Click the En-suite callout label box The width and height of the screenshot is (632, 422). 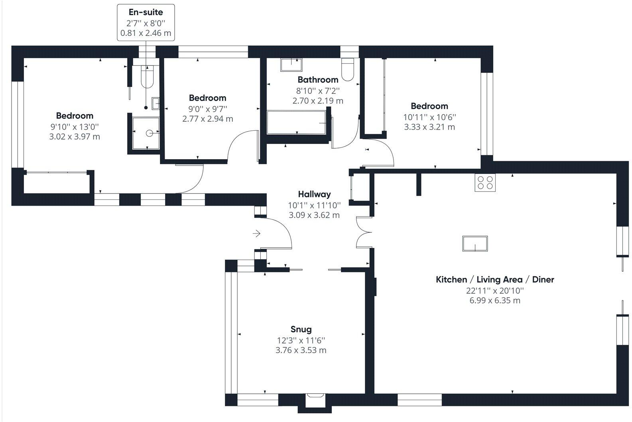(146, 22)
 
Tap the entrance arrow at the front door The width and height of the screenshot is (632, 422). (256, 233)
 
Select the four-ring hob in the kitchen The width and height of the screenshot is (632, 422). (485, 183)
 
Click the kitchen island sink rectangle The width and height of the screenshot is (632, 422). (475, 243)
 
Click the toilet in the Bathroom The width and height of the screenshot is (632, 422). (348, 70)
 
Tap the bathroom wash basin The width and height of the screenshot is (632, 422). (291, 64)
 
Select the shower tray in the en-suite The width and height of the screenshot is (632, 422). (146, 133)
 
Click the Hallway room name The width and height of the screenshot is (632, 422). (314, 194)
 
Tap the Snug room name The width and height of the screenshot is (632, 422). (301, 329)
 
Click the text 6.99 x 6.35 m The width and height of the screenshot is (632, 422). (495, 300)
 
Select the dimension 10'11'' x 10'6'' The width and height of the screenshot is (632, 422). (429, 117)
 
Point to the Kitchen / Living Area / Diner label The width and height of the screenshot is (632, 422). (495, 280)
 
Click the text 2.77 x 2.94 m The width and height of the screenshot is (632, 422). (207, 119)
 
